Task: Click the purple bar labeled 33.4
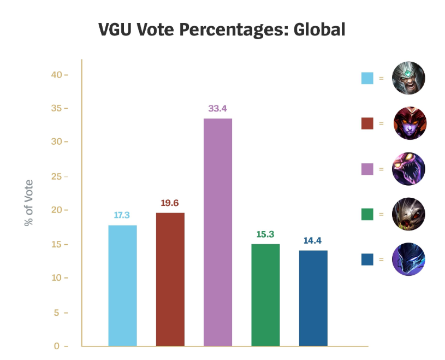coord(217,232)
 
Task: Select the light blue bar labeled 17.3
coord(122,285)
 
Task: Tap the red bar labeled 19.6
coord(170,279)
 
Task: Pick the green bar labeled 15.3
coord(265,294)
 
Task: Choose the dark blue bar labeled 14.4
coord(313,298)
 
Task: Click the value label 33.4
coord(217,108)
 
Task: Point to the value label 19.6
coord(170,203)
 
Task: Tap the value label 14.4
coord(313,240)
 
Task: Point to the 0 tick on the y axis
coord(58,346)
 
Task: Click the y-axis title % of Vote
coord(28,203)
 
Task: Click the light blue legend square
coord(367,78)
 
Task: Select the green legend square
coord(367,214)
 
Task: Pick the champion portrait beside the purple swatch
coord(408,168)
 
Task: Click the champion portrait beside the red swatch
coord(408,123)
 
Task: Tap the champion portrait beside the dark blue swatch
coord(408,259)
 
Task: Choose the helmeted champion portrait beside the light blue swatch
coord(408,78)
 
